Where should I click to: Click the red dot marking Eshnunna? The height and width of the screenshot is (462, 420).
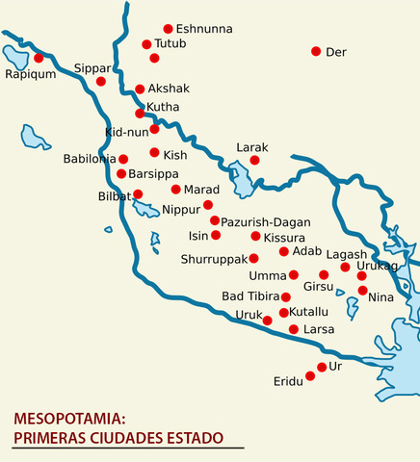coord(169,29)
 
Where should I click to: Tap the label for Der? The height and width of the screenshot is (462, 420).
coord(335,51)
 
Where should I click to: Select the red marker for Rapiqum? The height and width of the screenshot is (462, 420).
coord(39,58)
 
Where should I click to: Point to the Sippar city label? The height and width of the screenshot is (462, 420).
coord(92,68)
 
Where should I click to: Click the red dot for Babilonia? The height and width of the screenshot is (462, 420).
coord(123,158)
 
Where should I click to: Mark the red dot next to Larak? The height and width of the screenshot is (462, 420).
coord(254,160)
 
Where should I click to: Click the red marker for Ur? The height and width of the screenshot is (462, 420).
coord(322,367)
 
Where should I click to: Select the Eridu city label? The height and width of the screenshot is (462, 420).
coord(287,381)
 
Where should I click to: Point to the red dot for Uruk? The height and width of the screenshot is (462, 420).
coord(267,321)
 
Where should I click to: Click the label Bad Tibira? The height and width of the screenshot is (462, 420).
coord(250,296)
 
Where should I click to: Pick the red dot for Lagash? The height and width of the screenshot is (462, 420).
coord(345,267)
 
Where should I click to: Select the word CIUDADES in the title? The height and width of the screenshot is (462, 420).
coord(132,438)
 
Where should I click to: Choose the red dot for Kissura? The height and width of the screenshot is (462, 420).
coord(255,236)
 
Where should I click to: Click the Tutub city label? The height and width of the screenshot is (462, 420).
coord(170,44)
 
